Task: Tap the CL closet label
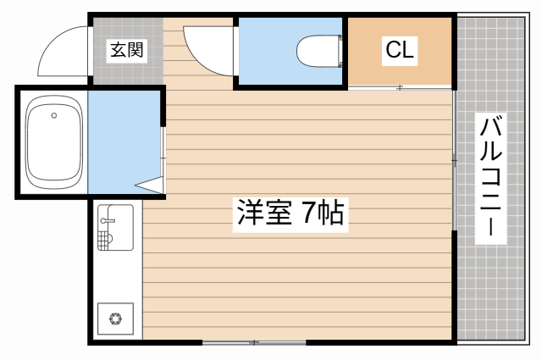(400, 50)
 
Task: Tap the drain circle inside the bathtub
(54, 114)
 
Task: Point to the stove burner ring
(114, 319)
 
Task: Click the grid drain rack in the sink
(104, 241)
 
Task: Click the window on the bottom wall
(254, 342)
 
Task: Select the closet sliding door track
(400, 87)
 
